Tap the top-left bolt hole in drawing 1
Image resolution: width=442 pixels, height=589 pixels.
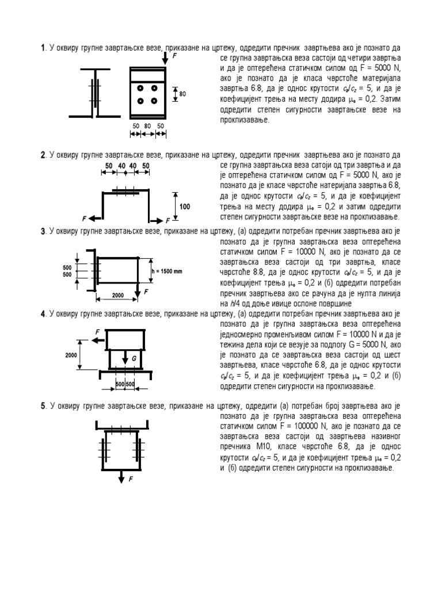click(140, 88)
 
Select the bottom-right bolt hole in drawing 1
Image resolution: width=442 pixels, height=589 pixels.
click(155, 101)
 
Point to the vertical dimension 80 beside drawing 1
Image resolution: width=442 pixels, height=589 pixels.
click(182, 94)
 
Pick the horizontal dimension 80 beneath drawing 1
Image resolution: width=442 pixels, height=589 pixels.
click(147, 125)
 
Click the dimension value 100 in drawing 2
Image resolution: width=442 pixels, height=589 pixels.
click(185, 205)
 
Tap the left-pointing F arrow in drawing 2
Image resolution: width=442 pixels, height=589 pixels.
click(94, 219)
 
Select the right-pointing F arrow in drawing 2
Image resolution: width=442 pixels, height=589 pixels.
click(158, 220)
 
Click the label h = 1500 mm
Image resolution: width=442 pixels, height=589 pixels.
click(167, 271)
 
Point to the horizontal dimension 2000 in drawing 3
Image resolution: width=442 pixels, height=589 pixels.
click(118, 295)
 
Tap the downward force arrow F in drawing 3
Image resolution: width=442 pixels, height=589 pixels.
click(138, 290)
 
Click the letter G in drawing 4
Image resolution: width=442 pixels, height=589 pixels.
click(134, 358)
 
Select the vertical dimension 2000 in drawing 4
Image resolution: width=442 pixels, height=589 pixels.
click(71, 355)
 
